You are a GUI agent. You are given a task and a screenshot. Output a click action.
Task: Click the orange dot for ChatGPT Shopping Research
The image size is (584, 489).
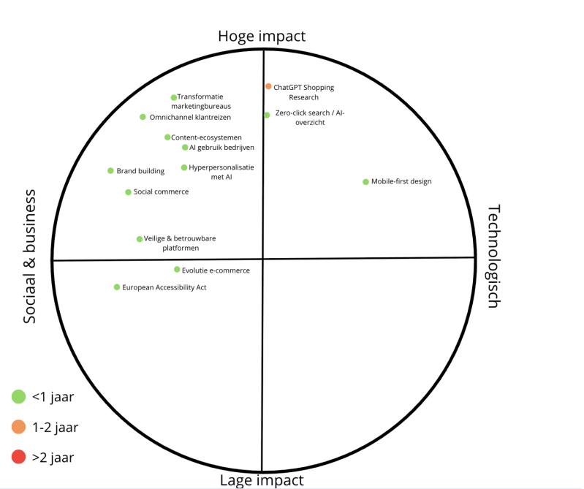(268, 86)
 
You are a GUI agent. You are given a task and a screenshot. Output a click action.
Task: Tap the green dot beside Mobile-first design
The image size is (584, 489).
(366, 181)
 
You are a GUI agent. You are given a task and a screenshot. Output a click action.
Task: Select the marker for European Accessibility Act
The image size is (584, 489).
(117, 287)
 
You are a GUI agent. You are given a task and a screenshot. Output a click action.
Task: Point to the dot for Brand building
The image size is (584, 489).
(110, 171)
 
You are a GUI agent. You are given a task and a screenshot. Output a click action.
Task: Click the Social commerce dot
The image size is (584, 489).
(128, 192)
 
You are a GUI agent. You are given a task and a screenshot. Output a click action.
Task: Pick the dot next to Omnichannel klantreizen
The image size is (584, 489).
(143, 117)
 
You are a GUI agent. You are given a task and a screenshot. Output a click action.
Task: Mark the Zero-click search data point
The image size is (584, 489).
(267, 115)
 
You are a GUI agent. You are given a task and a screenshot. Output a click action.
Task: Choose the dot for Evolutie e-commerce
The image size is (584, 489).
(177, 270)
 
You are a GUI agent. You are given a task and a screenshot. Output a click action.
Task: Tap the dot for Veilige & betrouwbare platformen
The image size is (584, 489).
(140, 239)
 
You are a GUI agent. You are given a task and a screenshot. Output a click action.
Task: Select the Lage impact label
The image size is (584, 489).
(262, 479)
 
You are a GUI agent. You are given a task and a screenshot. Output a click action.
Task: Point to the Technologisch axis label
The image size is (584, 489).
(493, 257)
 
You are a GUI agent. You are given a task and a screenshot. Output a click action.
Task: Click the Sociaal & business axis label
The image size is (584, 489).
(30, 257)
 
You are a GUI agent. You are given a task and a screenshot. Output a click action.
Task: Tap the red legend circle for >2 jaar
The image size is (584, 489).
(18, 458)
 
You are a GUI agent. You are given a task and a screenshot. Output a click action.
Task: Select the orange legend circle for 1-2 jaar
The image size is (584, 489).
(18, 427)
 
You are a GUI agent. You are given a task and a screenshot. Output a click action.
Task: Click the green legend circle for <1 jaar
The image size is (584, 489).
(18, 397)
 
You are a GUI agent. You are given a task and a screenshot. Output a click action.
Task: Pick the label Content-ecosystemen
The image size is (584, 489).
(206, 137)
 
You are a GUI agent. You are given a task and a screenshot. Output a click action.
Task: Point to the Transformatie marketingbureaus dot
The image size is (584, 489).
(174, 97)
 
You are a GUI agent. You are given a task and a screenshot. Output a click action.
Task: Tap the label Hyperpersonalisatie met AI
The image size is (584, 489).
(221, 172)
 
